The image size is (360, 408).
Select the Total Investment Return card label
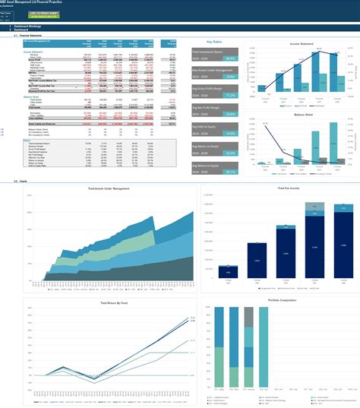[213, 52]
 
